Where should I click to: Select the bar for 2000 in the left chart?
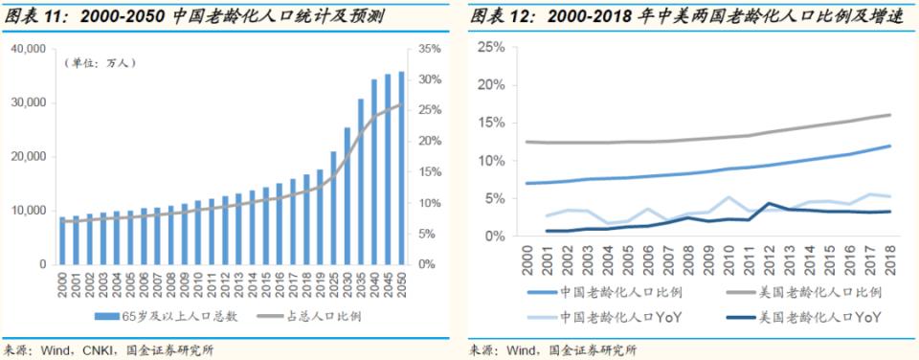(63, 240)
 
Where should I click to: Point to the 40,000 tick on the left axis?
(28, 49)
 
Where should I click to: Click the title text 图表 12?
(500, 16)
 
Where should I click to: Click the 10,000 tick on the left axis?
(28, 211)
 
